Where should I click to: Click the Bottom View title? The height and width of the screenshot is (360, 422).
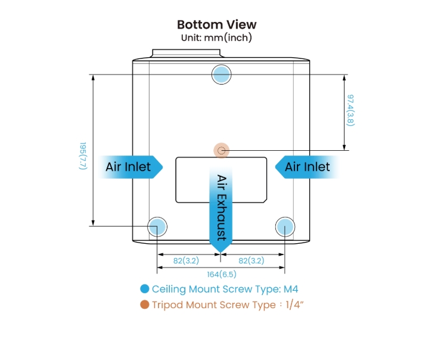click(x=217, y=24)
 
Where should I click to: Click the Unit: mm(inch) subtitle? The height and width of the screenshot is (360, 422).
click(x=217, y=37)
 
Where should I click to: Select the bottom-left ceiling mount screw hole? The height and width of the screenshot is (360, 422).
click(x=157, y=226)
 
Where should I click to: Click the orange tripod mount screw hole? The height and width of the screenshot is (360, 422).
click(x=221, y=150)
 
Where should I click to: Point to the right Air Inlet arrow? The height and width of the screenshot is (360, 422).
click(x=306, y=167)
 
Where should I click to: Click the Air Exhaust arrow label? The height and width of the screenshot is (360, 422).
click(x=221, y=207)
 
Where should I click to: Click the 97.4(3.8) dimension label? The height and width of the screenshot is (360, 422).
click(x=351, y=110)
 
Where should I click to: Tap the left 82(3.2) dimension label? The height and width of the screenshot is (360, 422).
click(x=186, y=260)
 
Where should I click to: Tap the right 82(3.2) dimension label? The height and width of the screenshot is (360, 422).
click(x=250, y=260)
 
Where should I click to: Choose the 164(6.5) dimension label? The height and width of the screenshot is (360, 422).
click(x=221, y=274)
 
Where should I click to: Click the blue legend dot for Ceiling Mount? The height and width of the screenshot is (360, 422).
click(x=144, y=290)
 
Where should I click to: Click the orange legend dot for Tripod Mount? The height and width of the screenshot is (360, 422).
click(x=144, y=305)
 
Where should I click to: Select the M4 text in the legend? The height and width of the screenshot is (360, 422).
click(x=290, y=290)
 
